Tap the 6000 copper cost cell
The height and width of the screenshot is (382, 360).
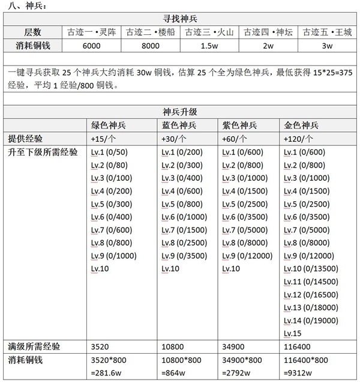(x=92, y=46)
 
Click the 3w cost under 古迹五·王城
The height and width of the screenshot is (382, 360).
(x=328, y=46)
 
